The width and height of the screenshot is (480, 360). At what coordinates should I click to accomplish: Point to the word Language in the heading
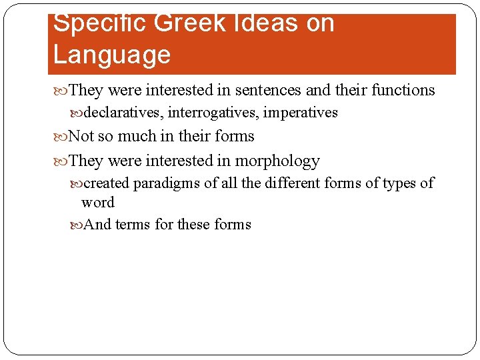coord(112,55)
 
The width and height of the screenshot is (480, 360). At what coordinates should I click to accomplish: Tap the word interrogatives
coord(213,113)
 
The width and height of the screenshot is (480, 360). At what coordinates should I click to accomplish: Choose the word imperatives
coord(301,113)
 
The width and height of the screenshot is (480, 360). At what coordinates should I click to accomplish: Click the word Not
coord(81,137)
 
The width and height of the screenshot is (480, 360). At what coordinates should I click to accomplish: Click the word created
coord(107,183)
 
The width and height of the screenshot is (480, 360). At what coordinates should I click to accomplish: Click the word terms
coord(133,225)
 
